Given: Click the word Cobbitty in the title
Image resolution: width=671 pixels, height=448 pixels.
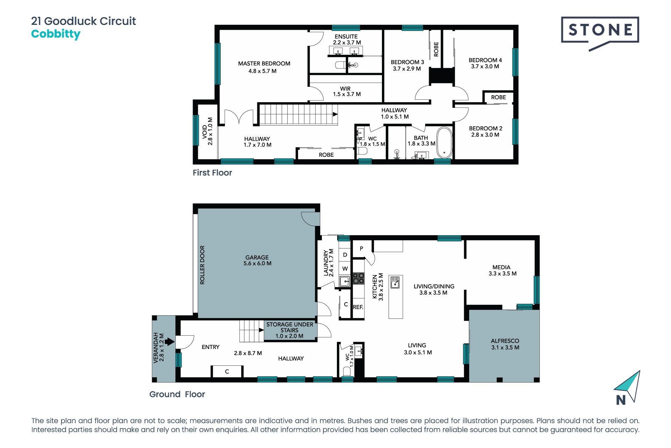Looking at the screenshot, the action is pos(56,34).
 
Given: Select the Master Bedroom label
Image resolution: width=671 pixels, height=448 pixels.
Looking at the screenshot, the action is pos(264,63).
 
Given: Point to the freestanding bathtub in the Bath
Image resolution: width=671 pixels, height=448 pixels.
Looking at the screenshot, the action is pos(444,143).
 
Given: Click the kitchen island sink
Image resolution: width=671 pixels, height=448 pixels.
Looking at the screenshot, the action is pos(395,282).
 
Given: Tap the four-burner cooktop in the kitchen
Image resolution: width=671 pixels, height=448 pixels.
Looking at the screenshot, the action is pos(358,278).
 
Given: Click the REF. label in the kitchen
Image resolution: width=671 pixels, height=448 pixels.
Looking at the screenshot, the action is pos(358,307).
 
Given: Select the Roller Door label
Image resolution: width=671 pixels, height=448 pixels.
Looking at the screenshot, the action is pos(202,265).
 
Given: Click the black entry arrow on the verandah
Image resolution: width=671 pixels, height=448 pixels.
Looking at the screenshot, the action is pos(169,341).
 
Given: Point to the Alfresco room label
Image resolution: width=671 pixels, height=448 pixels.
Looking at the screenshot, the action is pos(505,341).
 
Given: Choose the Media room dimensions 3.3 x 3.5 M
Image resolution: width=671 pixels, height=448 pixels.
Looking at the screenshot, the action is pos(503,274).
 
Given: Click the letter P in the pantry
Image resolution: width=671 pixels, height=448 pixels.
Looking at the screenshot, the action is pos(361,248).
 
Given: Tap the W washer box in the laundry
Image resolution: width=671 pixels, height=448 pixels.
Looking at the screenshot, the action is pos(345,268).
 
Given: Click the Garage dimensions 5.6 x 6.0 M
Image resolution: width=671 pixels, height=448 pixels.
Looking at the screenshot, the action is pos(258,264).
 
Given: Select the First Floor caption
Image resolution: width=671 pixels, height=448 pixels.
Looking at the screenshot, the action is pos(212,173).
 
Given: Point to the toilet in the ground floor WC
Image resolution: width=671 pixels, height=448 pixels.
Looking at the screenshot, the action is pos(347,371).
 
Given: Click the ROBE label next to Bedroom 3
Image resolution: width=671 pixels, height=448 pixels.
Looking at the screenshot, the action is pos(436,49).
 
